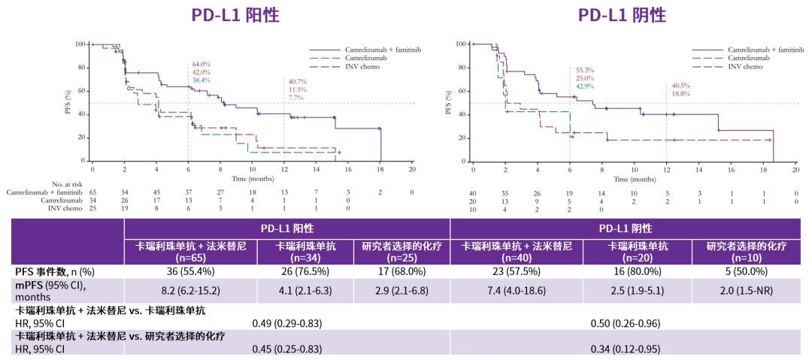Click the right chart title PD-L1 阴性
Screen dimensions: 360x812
click(622, 15)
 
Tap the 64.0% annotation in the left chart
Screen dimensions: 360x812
click(201, 65)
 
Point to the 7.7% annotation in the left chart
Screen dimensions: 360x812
click(294, 97)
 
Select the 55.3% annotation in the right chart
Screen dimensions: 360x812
click(583, 69)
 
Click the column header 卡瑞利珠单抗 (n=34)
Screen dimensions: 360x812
click(305, 250)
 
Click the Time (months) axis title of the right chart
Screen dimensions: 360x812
click(633, 180)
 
